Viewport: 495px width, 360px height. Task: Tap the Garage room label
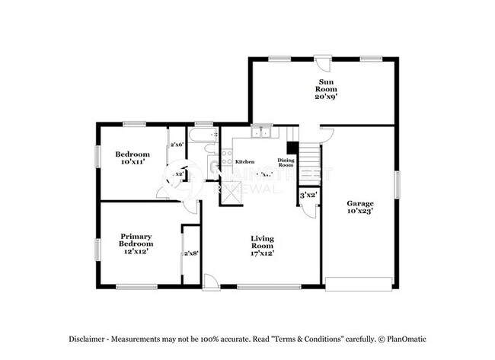pos(359,204)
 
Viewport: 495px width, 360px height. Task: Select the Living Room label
pos(262,242)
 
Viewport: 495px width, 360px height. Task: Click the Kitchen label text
pos(244,162)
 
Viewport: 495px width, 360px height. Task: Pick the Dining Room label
pos(286,162)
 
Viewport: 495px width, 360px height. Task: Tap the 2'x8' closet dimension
pos(190,254)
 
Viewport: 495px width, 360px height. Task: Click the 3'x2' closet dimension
pos(308,196)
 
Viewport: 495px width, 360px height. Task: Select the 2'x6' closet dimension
pos(177,145)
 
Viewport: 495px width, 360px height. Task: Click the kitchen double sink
pos(262,132)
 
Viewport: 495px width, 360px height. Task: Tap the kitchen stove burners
pos(227,158)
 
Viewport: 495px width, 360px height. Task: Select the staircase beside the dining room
pos(308,159)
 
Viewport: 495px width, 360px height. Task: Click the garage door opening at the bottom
pos(359,287)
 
